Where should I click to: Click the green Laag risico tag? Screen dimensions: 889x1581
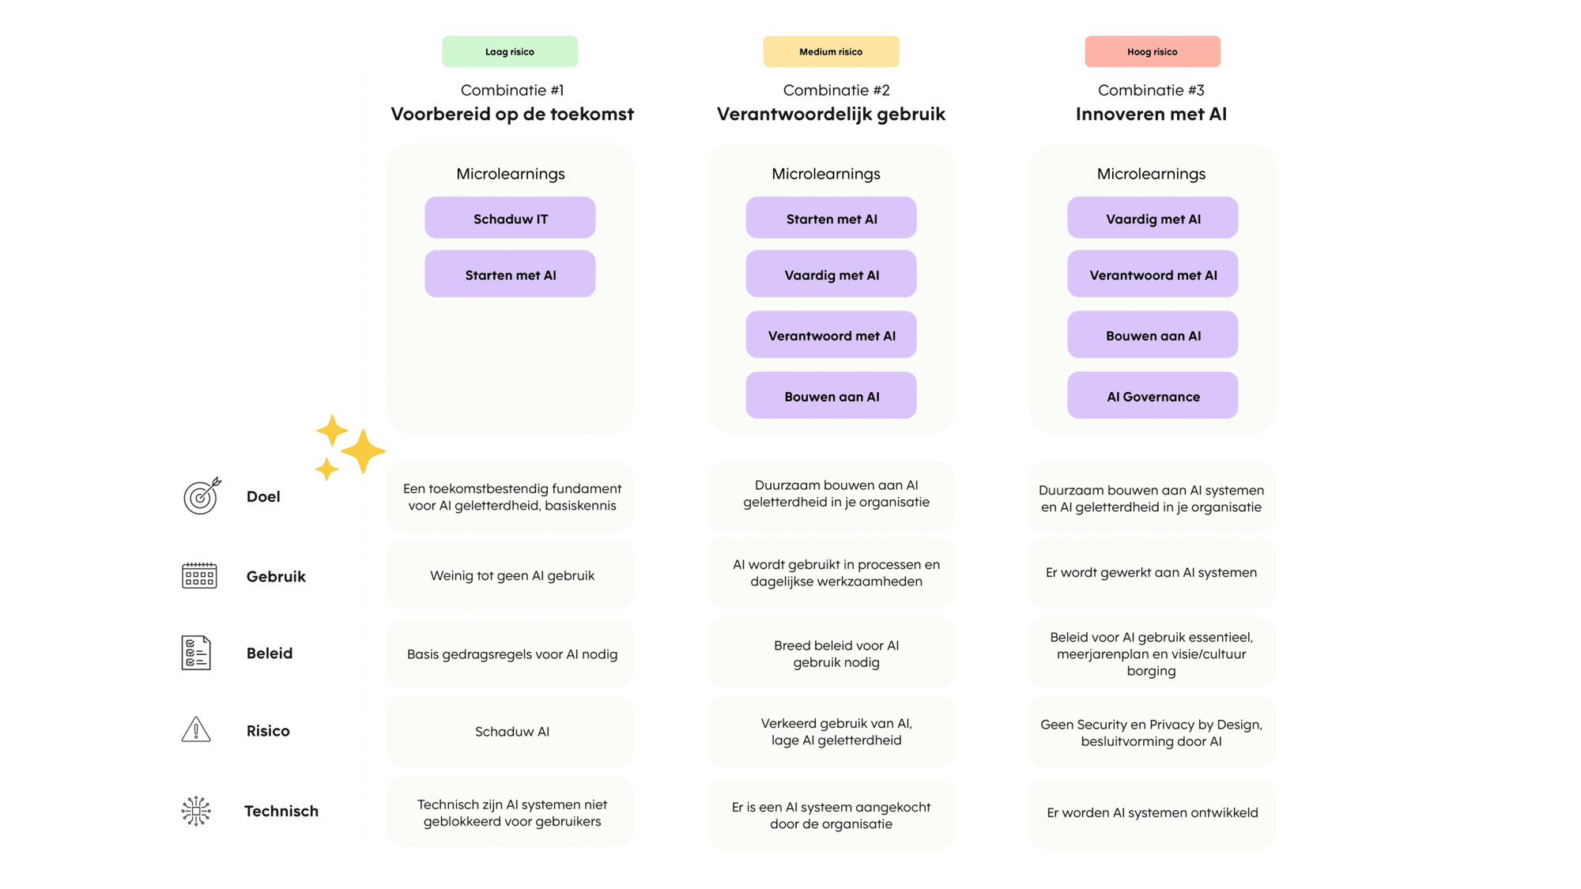coord(510,51)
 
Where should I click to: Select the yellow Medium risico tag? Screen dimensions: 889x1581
coord(831,51)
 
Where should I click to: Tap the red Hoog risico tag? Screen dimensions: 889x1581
coord(1152,51)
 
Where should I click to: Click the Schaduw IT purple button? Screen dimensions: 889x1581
coord(510,219)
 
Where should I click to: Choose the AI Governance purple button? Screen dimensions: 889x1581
coord(1153,396)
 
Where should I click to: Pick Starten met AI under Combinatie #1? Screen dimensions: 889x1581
coord(510,275)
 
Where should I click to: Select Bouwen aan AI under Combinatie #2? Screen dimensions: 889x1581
coord(831,396)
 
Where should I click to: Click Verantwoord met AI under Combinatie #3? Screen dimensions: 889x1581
coord(1153,275)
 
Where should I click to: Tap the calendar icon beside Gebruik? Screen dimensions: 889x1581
coord(199,575)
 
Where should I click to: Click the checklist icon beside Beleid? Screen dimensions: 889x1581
coord(196,653)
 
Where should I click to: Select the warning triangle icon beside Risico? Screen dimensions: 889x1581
coord(196,729)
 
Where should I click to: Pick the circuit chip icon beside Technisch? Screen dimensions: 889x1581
coord(196,811)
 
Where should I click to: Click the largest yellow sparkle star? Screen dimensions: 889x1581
coord(364,451)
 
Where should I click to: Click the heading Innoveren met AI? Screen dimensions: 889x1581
coord(1151,114)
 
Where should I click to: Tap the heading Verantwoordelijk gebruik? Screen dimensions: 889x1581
coord(831,114)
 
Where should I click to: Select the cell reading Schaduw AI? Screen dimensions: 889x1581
coord(511,732)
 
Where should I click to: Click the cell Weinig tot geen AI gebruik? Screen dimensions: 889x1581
coord(511,575)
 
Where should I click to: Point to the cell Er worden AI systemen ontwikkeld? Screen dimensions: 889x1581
coord(1152,812)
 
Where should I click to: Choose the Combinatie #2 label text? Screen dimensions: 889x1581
coord(836,90)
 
